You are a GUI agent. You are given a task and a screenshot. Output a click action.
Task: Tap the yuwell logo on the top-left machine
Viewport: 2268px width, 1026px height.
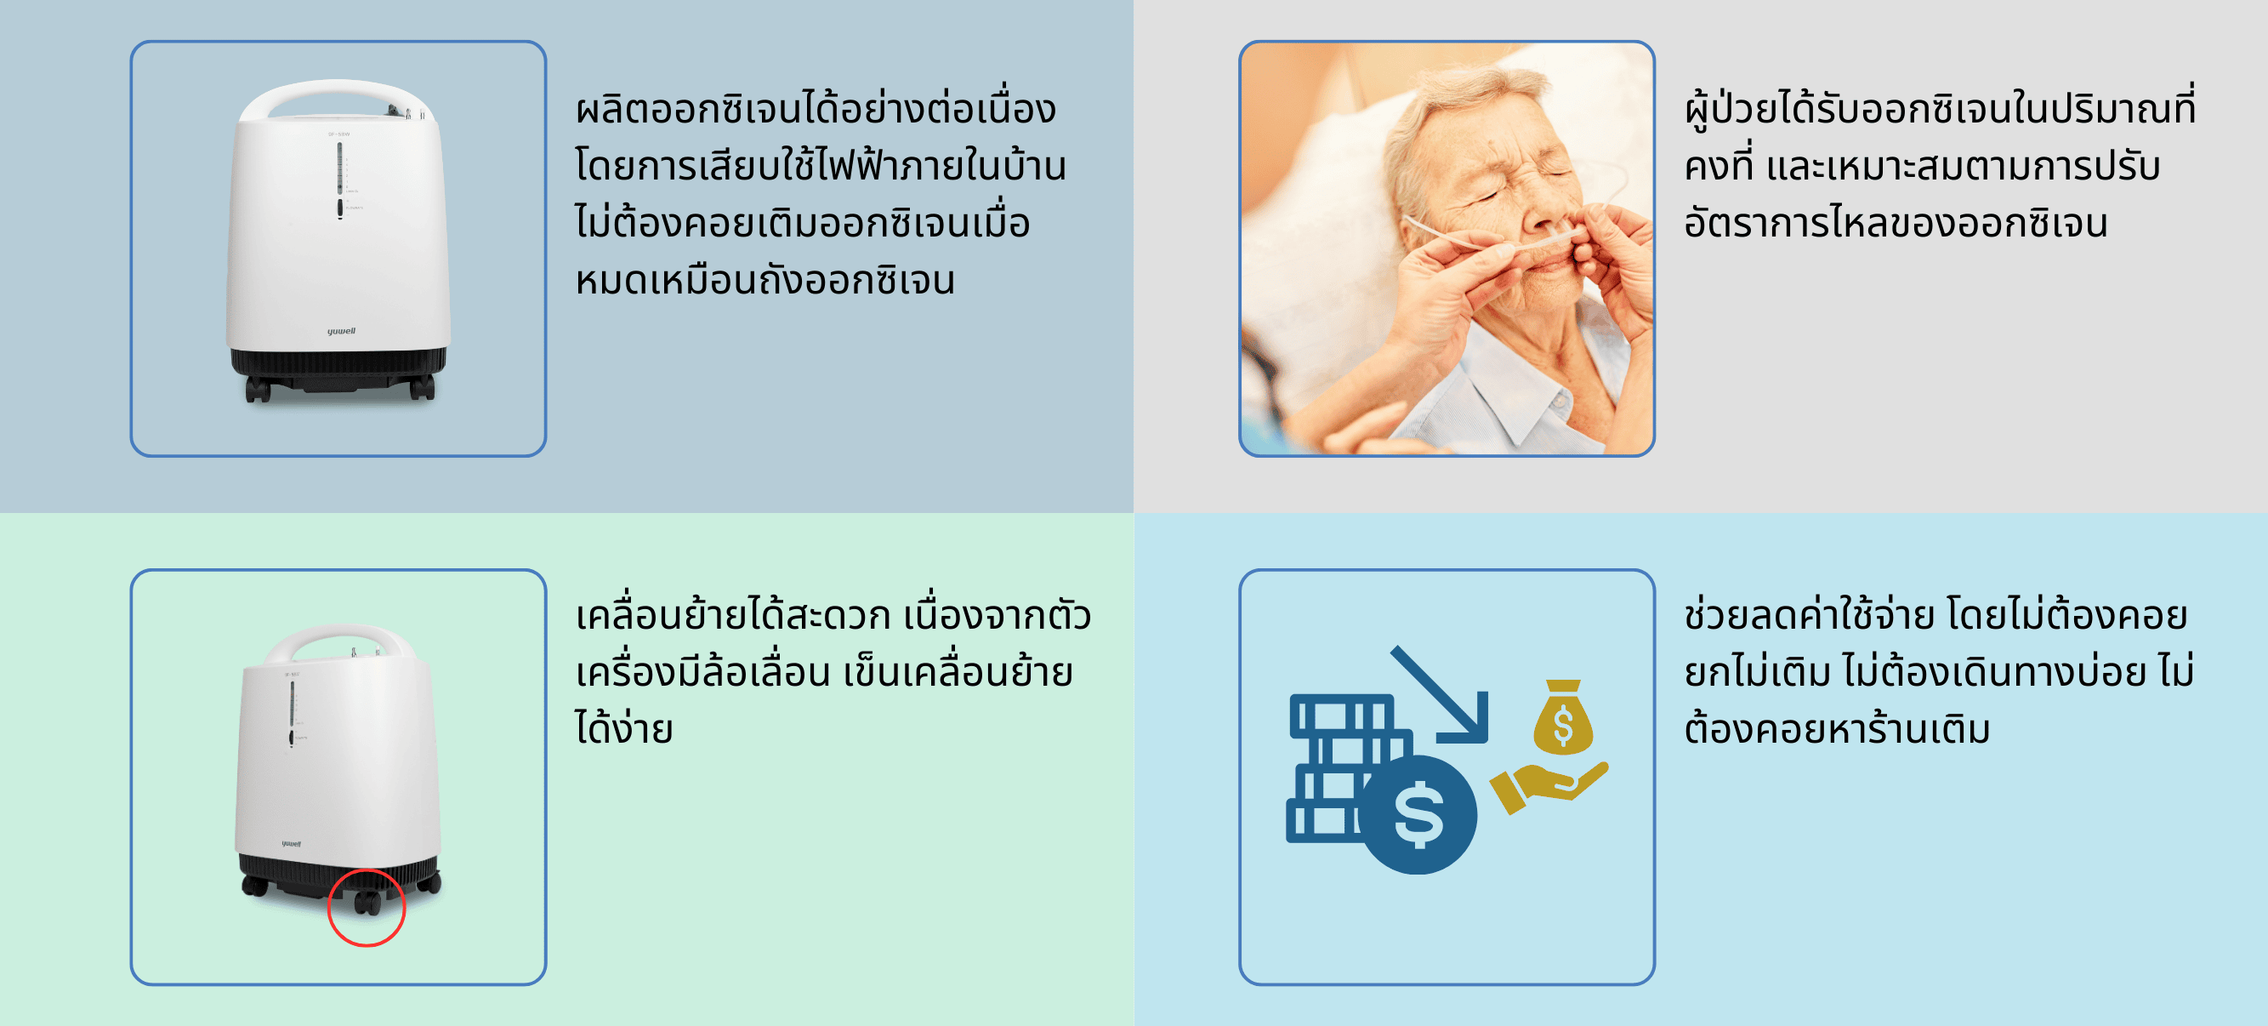(342, 331)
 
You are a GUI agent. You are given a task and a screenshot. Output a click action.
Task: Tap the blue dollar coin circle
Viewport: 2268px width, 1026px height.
(1418, 815)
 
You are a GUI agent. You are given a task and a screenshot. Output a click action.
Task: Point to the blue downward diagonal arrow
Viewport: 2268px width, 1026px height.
(1441, 696)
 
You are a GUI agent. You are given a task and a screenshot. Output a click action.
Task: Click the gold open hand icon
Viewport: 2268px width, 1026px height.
(1548, 786)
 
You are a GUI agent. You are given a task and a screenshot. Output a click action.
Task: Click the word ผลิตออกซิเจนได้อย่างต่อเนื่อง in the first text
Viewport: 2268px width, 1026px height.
(816, 109)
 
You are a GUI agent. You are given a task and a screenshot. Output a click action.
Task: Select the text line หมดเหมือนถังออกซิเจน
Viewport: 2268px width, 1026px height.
(765, 280)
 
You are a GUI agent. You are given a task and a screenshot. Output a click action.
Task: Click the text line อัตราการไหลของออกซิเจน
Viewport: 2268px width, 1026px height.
(1896, 222)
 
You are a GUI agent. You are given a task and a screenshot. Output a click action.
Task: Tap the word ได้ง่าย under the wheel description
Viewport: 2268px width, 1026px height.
(624, 728)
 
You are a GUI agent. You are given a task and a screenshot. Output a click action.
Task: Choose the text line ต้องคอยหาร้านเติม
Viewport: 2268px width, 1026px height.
(1838, 728)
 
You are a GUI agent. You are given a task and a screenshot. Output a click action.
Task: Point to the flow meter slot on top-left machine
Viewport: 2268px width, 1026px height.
(340, 168)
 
